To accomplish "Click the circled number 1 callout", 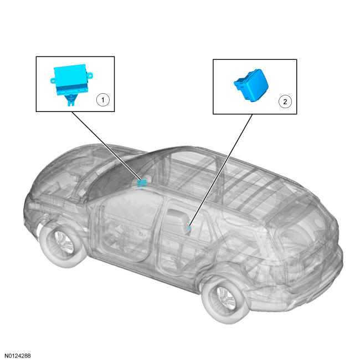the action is (102, 100).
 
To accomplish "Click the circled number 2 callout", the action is (285, 101).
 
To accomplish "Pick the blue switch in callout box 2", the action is (251, 85).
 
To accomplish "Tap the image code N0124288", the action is (18, 355).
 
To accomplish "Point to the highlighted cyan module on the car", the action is (142, 183).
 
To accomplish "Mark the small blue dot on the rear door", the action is (189, 228).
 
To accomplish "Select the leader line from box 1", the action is (106, 146).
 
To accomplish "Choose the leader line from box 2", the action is (220, 170).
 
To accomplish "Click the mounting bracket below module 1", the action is (71, 100).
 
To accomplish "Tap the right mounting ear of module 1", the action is (90, 75).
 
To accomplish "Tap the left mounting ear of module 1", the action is (53, 80).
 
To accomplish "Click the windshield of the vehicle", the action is (115, 176).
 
